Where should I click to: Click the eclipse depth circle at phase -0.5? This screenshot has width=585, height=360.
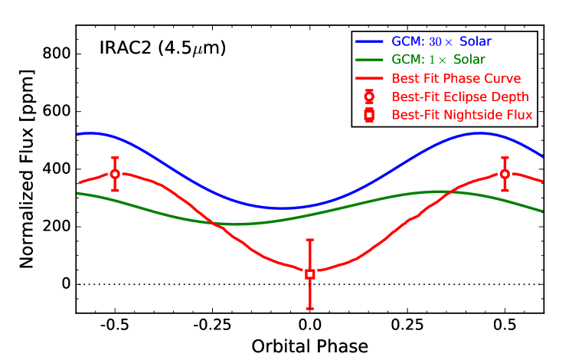tap(115, 174)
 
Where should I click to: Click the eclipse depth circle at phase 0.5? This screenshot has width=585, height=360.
tap(505, 174)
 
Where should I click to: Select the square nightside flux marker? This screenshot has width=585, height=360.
tap(310, 274)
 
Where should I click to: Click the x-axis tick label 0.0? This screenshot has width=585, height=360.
tap(310, 326)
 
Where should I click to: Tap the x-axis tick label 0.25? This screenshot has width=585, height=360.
tap(407, 326)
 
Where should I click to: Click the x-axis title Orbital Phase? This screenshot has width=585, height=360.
tap(310, 346)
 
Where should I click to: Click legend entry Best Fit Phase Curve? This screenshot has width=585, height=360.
tap(456, 78)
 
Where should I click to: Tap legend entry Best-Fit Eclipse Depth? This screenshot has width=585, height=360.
tap(460, 97)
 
